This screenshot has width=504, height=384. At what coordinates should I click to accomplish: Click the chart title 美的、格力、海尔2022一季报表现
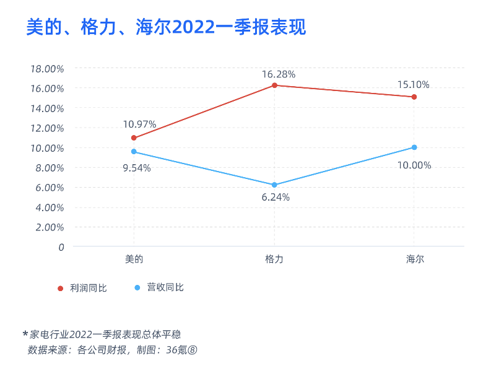tap(166, 28)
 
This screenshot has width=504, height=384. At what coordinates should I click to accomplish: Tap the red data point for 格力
tap(274, 85)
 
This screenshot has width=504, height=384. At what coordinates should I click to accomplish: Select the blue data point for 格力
tap(274, 185)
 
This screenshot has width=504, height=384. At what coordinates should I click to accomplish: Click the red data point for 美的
tap(134, 137)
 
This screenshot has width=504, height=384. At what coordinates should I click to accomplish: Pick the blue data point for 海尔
tap(414, 147)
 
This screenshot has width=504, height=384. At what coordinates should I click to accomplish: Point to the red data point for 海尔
tap(414, 97)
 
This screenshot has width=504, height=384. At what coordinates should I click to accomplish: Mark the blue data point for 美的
tap(134, 152)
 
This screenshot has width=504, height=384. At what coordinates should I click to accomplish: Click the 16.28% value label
tap(278, 74)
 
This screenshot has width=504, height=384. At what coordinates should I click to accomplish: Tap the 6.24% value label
tap(276, 198)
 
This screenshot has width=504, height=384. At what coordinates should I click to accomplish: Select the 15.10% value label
tap(414, 85)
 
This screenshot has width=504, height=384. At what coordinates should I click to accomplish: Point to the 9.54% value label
tap(136, 168)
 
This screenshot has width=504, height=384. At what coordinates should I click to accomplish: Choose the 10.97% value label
tap(140, 124)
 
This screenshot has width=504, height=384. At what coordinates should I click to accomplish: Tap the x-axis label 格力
tap(274, 260)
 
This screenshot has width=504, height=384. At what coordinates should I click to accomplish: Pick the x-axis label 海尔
tap(414, 260)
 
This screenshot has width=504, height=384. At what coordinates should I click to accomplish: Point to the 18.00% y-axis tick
tap(47, 69)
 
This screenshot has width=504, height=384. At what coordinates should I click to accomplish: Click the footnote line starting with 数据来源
tap(112, 350)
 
